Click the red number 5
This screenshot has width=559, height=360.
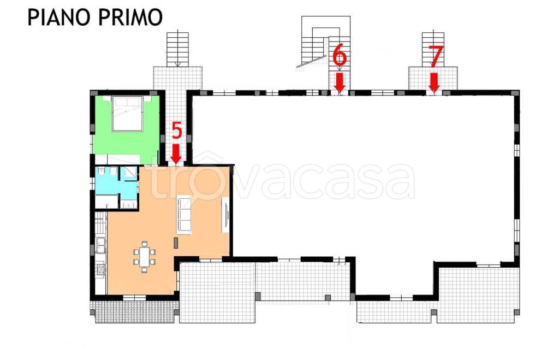point(176,131)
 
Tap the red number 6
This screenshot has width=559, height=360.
point(339,57)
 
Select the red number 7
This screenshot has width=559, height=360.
point(435,57)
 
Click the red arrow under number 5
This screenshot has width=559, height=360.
point(176,153)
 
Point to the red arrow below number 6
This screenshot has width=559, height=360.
point(340,83)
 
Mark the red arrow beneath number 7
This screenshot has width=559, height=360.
point(435,83)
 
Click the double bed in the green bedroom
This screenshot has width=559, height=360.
point(127,115)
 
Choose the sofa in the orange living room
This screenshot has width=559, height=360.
point(184,214)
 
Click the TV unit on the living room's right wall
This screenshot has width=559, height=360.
point(225,215)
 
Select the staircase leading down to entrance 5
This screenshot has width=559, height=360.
point(177,49)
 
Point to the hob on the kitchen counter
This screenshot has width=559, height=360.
point(101,269)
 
